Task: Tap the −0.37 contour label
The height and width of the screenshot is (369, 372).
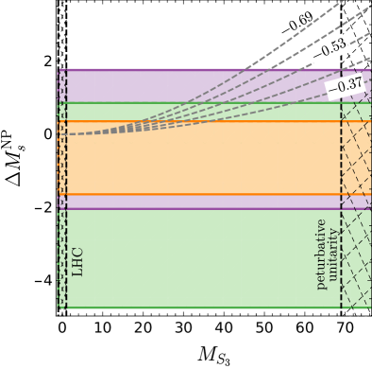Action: coord(345,85)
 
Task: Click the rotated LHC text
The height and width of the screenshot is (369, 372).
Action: coord(77,261)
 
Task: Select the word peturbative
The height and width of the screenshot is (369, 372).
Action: coord(320,254)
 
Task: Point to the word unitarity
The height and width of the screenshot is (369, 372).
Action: coord(332,254)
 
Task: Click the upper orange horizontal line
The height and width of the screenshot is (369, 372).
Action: coord(189,121)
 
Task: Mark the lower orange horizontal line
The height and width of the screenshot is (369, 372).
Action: coord(189,194)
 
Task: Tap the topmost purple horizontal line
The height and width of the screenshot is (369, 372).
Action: coord(189,69)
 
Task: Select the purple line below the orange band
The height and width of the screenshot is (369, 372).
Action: coord(189,208)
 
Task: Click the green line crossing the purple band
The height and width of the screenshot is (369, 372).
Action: coord(189,102)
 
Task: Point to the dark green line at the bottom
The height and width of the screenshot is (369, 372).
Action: coord(189,307)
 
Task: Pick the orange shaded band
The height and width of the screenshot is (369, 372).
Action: coord(189,161)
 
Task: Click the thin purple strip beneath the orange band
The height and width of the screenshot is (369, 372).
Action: coord(189,202)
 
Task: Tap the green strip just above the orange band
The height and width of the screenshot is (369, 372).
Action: coord(189,112)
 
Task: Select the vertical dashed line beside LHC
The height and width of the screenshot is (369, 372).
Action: coord(66,189)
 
